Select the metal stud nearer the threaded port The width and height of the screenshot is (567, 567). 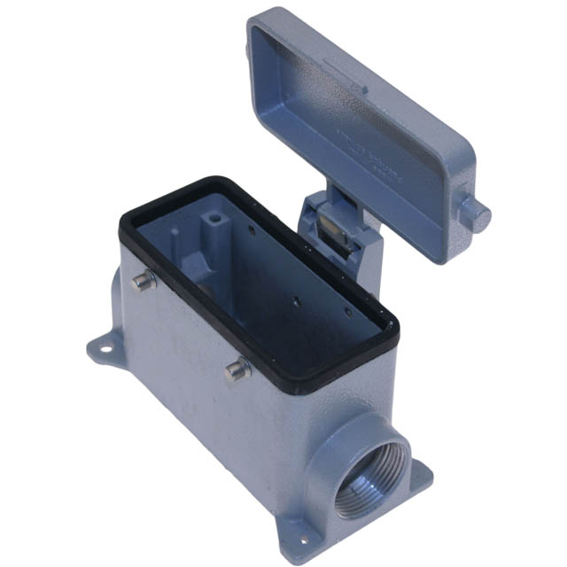pos(234,370)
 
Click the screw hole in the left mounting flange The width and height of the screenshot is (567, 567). pos(105,348)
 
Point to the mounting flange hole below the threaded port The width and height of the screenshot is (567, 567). pos(303,536)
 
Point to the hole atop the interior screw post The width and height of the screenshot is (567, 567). pos(213,215)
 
